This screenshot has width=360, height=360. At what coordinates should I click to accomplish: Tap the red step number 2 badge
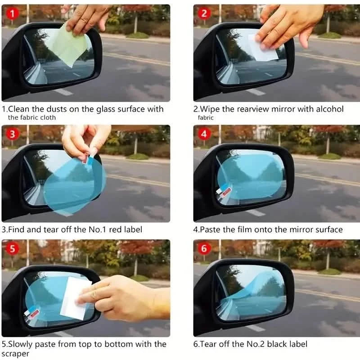204,13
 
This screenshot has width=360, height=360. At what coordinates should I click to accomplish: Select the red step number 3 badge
12,134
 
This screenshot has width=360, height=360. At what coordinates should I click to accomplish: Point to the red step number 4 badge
204,134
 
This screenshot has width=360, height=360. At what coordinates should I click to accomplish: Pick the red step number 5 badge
12,249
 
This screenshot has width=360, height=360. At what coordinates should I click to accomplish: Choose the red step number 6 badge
204,249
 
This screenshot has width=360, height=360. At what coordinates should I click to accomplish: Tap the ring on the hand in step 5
94,295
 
